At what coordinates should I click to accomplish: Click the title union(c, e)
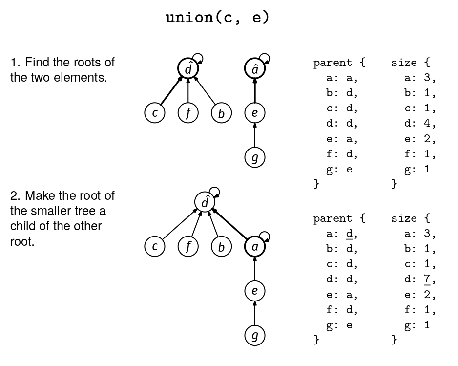click(x=217, y=18)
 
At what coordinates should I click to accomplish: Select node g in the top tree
click(x=254, y=158)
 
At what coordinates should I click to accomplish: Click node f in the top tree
click(x=188, y=113)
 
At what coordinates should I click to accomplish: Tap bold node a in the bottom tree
click(x=254, y=247)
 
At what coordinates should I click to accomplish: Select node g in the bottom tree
click(x=254, y=336)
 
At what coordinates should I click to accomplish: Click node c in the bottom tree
click(x=155, y=247)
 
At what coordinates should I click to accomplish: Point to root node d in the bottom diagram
click(x=205, y=202)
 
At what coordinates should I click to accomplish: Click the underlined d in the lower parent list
click(x=349, y=234)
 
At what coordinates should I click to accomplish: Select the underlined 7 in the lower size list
click(x=427, y=280)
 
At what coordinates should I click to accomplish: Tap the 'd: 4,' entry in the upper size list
click(x=420, y=124)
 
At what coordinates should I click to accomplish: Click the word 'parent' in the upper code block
click(x=333, y=63)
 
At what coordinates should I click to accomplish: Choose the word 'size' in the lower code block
click(x=404, y=218)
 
